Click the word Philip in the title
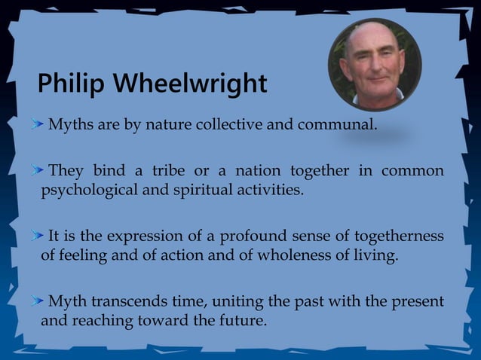point(70,84)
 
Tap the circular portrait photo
point(374,64)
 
